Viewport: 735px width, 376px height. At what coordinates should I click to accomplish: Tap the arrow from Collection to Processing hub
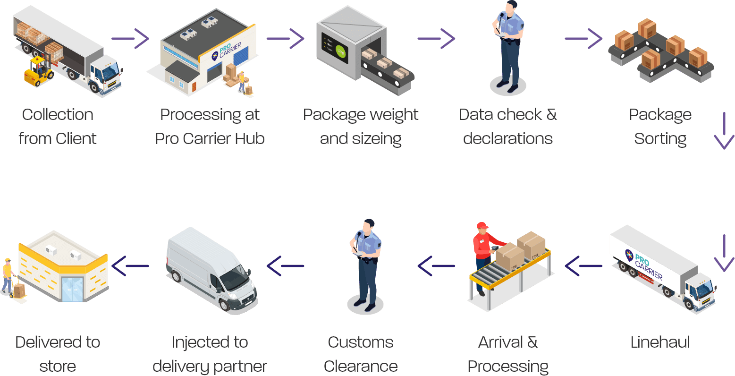(130, 38)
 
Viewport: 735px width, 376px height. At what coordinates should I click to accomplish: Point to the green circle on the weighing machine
(341, 53)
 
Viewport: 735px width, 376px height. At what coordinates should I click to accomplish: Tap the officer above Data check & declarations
(508, 47)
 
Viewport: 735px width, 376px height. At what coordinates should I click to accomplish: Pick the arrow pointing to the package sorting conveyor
(583, 38)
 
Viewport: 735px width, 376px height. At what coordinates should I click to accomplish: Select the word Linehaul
(660, 342)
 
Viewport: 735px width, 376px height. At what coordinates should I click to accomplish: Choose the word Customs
(361, 342)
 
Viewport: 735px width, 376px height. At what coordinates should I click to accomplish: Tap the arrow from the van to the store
(130, 266)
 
